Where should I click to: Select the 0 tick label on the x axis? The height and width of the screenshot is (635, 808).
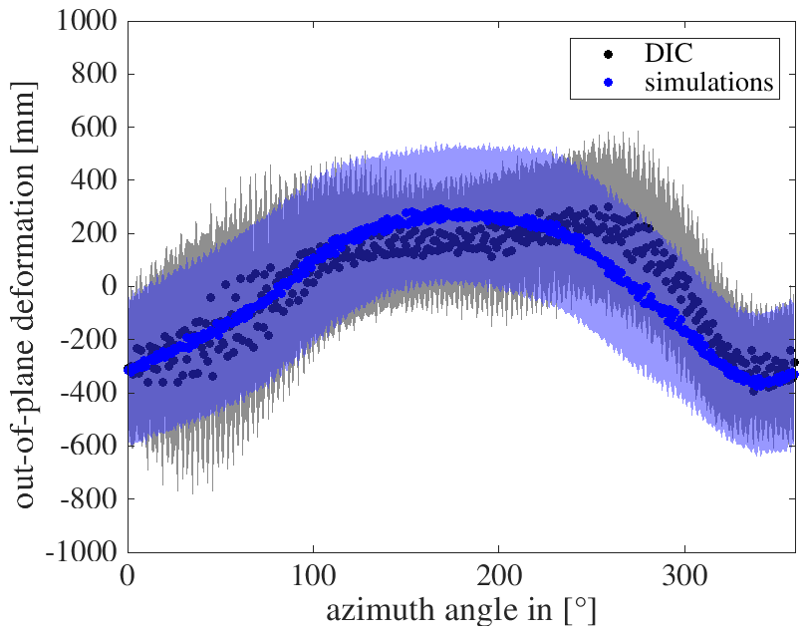click(x=128, y=573)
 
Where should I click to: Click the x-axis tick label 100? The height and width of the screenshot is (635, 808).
click(x=313, y=573)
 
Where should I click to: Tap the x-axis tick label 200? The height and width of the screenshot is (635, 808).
click(x=498, y=573)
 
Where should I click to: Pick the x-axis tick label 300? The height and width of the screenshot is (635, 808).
click(x=684, y=573)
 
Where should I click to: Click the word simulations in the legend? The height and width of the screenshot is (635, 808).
click(x=695, y=83)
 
